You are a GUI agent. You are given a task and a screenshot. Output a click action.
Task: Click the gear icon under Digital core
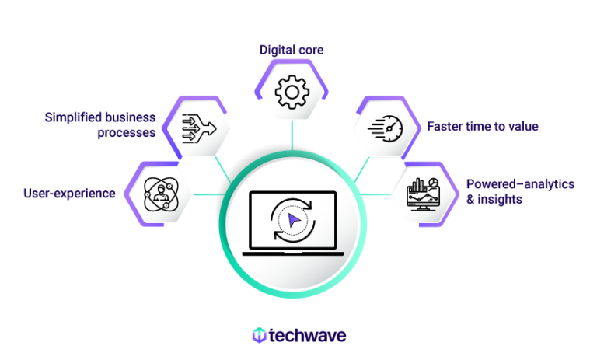292,93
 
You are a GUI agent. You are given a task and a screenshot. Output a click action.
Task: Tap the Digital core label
292,50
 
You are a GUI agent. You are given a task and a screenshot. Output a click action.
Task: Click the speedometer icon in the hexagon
386,127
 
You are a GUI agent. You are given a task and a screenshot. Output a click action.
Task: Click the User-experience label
69,193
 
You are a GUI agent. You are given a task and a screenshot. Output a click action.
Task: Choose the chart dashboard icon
424,194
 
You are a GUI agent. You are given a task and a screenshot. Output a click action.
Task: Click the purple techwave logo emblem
259,335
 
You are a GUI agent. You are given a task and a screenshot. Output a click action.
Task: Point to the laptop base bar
292,253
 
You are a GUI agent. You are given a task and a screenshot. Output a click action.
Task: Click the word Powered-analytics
520,184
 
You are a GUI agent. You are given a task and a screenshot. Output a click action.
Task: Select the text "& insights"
494,200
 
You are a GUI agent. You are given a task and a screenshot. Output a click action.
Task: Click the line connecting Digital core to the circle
292,134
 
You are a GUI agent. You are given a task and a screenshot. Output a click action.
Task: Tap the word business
130,117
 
